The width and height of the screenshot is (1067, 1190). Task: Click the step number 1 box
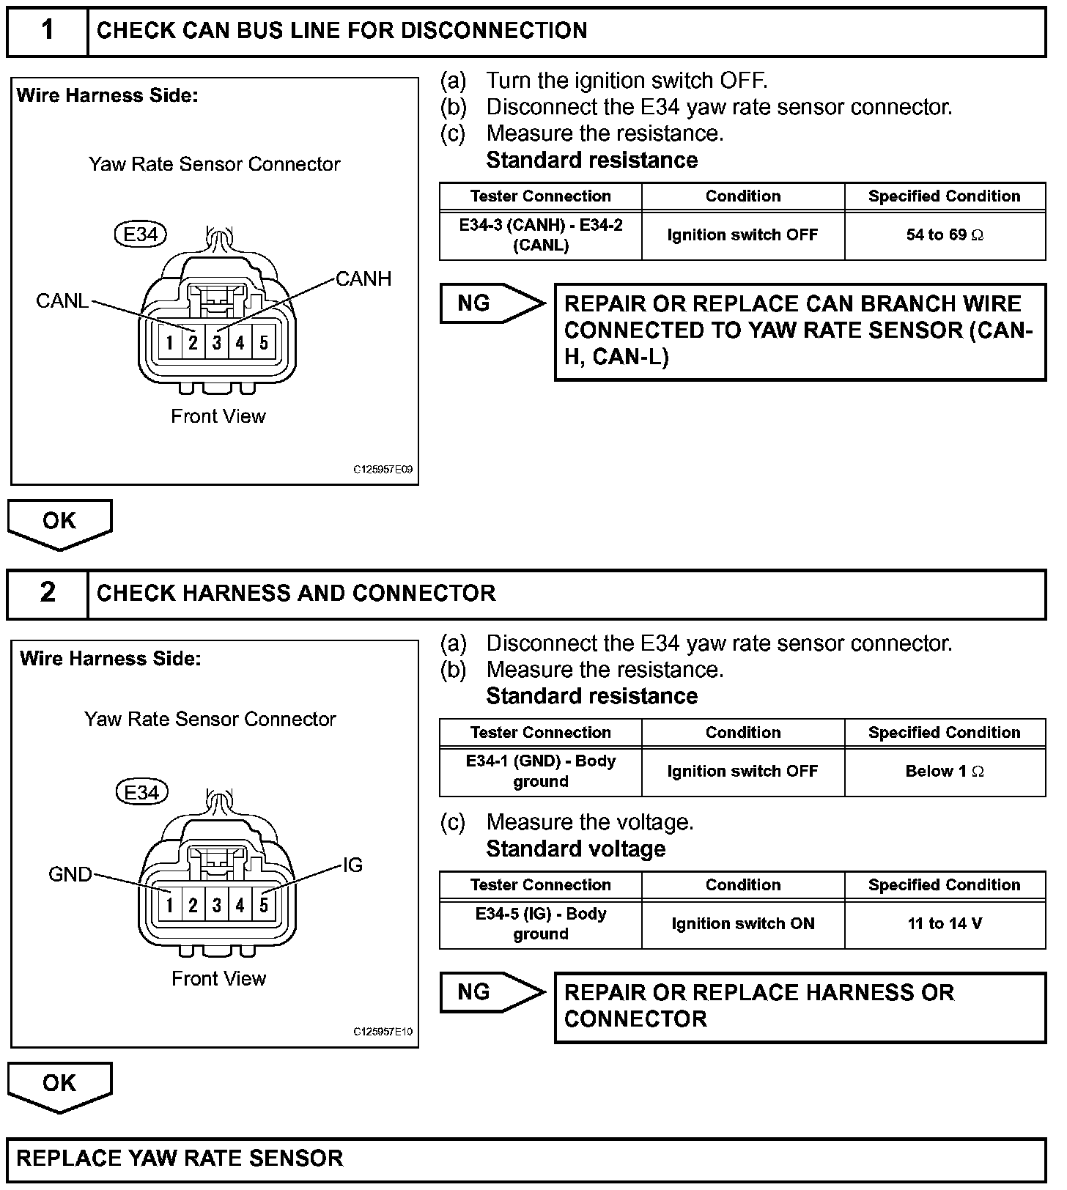48,31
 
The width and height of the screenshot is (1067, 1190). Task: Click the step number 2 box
48,593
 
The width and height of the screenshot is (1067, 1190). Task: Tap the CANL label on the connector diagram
62,301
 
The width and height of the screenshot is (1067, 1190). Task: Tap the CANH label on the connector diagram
363,279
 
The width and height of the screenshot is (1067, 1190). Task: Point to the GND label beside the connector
70,874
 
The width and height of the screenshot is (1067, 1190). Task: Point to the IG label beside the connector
352,865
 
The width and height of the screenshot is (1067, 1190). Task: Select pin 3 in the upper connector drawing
217,342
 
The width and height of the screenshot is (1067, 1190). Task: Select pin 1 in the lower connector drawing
169,905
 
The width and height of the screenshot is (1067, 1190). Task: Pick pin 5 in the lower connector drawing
264,905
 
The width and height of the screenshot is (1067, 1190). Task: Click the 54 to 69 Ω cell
945,235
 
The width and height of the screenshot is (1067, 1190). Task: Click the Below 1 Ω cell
945,772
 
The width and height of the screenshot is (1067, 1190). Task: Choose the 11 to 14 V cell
945,924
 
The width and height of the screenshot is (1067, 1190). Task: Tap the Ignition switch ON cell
743,924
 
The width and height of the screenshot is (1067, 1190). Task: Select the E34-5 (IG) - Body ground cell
541,924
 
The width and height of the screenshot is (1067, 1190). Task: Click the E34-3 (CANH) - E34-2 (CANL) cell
541,235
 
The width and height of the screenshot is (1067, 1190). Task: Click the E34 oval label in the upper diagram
141,234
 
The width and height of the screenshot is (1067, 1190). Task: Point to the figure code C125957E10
383,1032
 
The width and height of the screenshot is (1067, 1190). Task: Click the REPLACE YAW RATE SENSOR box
526,1158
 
